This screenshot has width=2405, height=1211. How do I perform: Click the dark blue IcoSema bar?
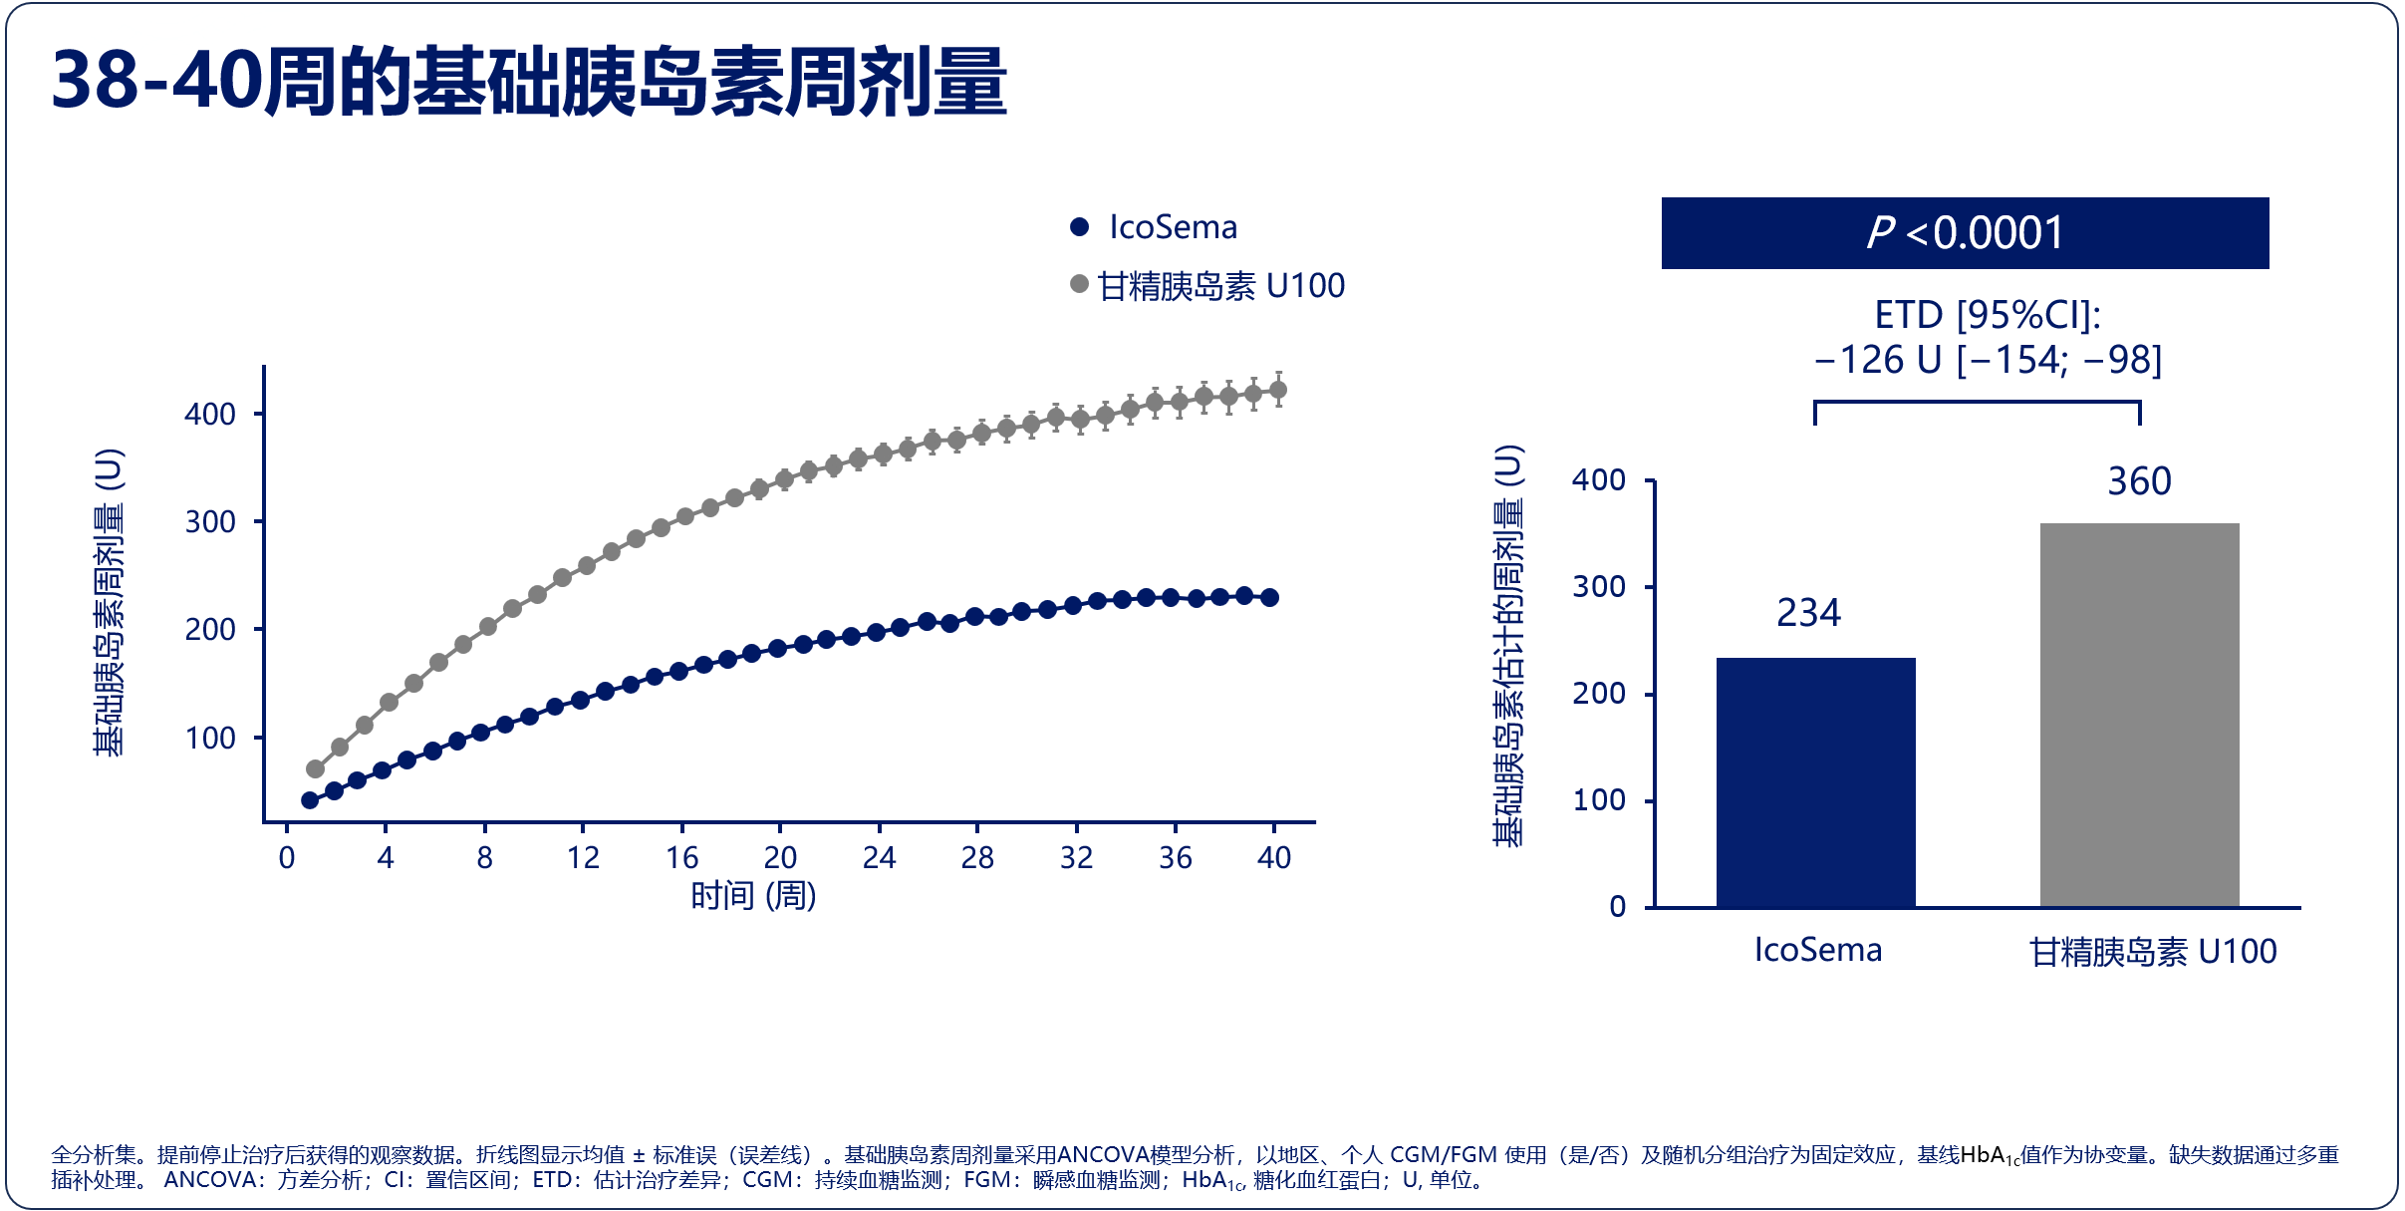tap(1815, 782)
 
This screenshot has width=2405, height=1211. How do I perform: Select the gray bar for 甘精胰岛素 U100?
tap(2139, 715)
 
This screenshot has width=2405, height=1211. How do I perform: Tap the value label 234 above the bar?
tap(1808, 613)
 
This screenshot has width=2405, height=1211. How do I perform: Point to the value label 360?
tap(2139, 481)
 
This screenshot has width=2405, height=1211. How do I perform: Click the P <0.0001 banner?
tap(1965, 233)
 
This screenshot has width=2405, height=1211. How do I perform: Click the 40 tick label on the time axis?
tap(1273, 857)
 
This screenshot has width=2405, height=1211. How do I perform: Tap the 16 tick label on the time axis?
tap(681, 857)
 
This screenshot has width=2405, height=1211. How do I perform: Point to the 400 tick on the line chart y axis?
tap(210, 414)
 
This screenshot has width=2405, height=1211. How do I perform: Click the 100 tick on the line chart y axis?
tap(210, 739)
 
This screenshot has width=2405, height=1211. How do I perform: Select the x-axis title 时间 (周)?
tap(753, 895)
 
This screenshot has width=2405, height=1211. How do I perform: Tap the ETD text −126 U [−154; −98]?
tap(1988, 360)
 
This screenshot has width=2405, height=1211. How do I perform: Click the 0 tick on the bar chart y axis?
tap(1617, 907)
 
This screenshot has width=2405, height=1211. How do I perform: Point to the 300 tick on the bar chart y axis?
tap(1598, 587)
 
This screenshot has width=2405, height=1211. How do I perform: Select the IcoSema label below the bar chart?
tap(1817, 950)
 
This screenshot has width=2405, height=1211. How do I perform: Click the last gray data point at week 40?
tap(1278, 390)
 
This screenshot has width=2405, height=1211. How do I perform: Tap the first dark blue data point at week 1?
tap(310, 800)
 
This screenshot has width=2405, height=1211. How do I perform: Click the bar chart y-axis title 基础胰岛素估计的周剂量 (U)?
tap(1508, 646)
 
